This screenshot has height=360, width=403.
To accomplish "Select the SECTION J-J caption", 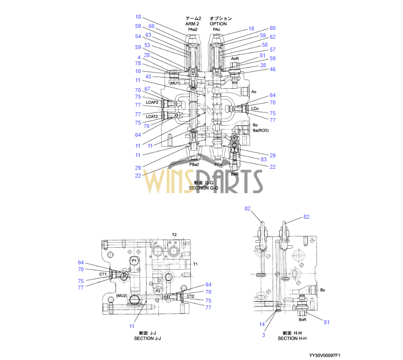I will pyautogui.click(x=148, y=338).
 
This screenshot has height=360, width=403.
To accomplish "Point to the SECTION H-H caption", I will pyautogui.click(x=292, y=338).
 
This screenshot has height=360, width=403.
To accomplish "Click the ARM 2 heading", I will pyautogui.click(x=193, y=24).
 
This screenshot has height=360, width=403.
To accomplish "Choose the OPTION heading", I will pyautogui.click(x=218, y=24).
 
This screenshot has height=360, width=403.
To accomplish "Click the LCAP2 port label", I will pyautogui.click(x=152, y=103).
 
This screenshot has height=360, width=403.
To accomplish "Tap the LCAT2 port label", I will pyautogui.click(x=152, y=116).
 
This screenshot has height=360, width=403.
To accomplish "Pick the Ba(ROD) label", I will pyautogui.click(x=261, y=130).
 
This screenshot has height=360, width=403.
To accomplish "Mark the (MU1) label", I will pyautogui.click(x=175, y=83).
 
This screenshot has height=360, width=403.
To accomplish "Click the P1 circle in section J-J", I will pyautogui.click(x=134, y=260).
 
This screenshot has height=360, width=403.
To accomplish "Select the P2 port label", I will pyautogui.click(x=158, y=291).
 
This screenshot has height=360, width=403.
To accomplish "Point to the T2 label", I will pyautogui.click(x=174, y=235).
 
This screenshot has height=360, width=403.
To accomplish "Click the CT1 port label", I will pyautogui.click(x=103, y=274).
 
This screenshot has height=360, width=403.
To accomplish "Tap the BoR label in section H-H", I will pyautogui.click(x=302, y=319).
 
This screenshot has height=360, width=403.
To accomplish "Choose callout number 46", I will pyautogui.click(x=273, y=70).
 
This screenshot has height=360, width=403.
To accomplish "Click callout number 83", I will pyautogui.click(x=264, y=159).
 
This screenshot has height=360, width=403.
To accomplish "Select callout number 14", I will pyautogui.click(x=262, y=324).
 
